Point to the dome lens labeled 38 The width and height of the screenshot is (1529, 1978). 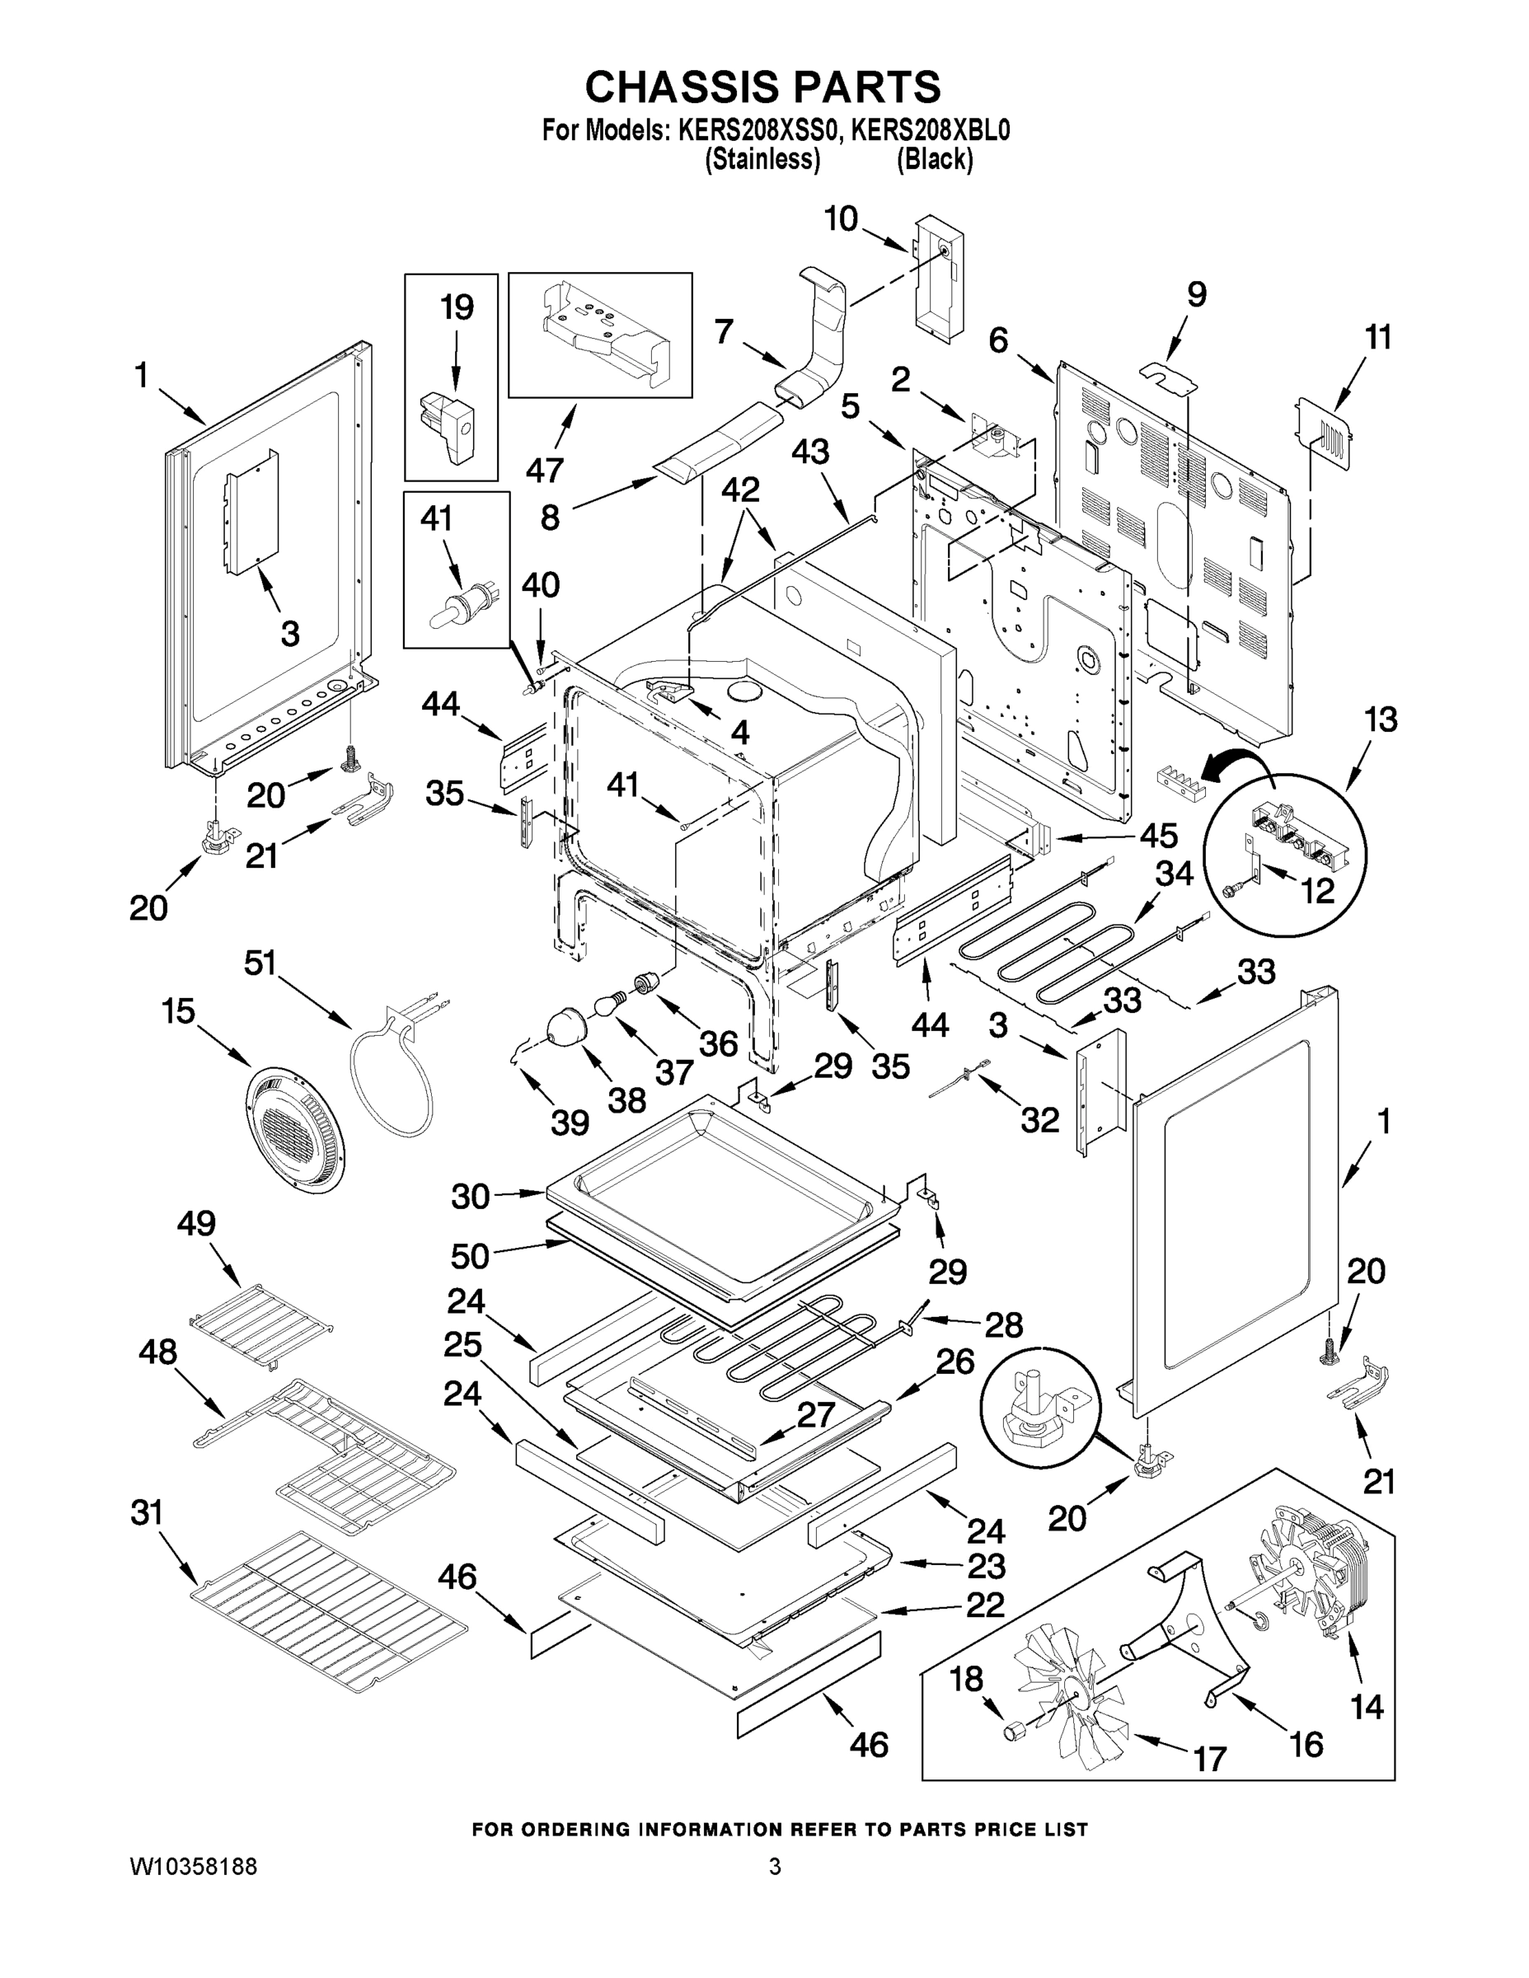[x=567, y=1029]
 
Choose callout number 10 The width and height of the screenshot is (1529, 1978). [x=841, y=219]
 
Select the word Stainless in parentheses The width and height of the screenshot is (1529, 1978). [x=762, y=161]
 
